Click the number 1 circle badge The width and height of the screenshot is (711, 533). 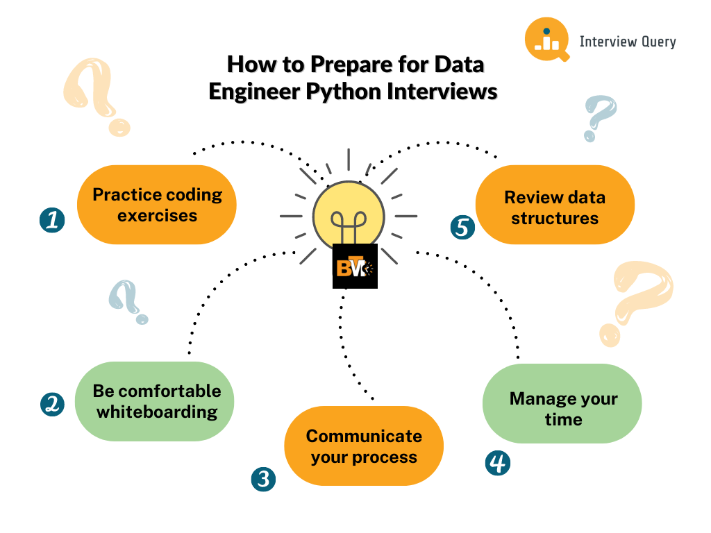pos(52,220)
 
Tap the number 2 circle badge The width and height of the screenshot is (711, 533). pos(52,404)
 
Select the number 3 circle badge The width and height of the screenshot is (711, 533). pos(263,479)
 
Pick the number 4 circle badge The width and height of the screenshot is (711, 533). pos(498,463)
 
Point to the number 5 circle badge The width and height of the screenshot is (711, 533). pos(462,227)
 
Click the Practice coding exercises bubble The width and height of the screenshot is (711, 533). pos(157,205)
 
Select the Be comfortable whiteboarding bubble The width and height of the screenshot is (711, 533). pos(155,402)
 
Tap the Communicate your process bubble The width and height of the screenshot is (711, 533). pos(364,446)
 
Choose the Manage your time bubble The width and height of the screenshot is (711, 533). pos(562,403)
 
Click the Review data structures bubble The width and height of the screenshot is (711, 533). pos(555,205)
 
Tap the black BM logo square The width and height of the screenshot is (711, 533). pos(355,266)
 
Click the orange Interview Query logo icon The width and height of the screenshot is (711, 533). pos(547,40)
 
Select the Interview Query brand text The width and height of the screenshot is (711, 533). pos(628,42)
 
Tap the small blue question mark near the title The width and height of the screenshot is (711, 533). pos(599,118)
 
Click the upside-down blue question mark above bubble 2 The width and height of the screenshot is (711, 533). pos(128,301)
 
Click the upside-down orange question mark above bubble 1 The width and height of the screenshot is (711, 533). pos(96,96)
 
